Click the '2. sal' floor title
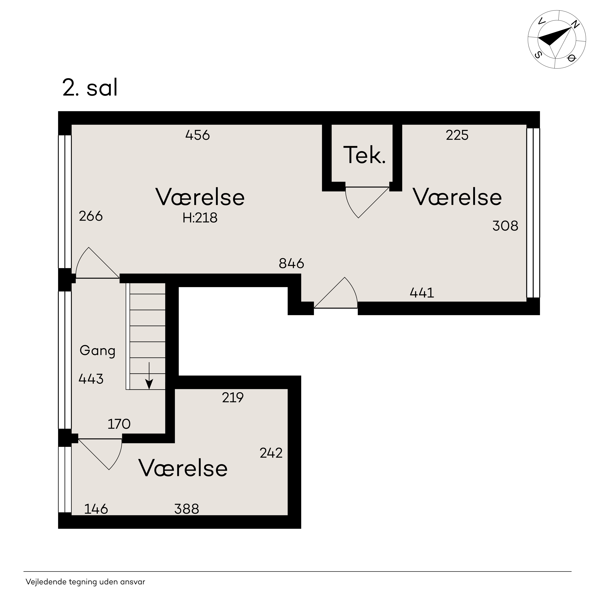pyautogui.click(x=90, y=88)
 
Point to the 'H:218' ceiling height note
pyautogui.click(x=200, y=218)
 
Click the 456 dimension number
pyautogui.click(x=197, y=135)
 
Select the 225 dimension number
pyautogui.click(x=457, y=135)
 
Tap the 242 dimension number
pyautogui.click(x=271, y=453)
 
